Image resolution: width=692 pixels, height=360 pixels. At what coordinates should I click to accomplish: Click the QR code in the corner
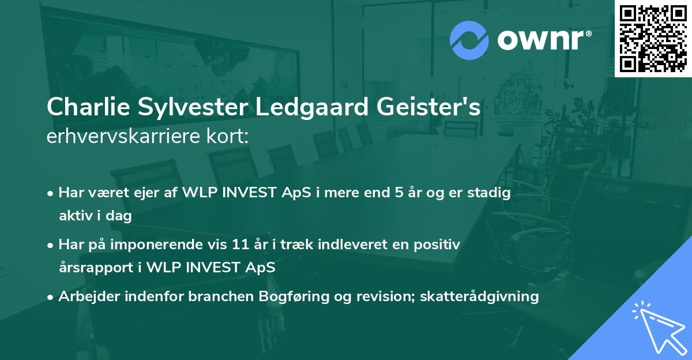tap(653, 39)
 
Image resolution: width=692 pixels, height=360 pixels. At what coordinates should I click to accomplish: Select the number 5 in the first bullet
tap(399, 193)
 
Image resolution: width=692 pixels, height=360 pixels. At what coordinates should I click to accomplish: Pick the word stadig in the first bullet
tap(490, 193)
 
